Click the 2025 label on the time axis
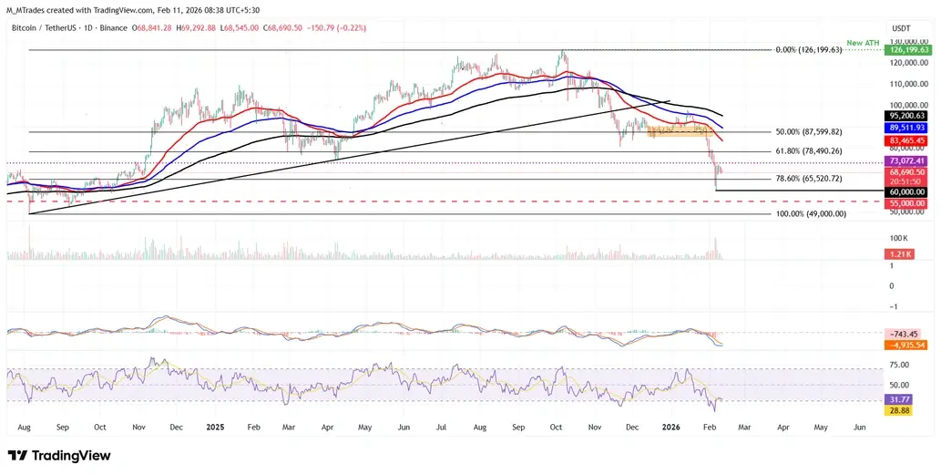tap(216, 426)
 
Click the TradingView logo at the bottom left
tap(59, 455)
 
